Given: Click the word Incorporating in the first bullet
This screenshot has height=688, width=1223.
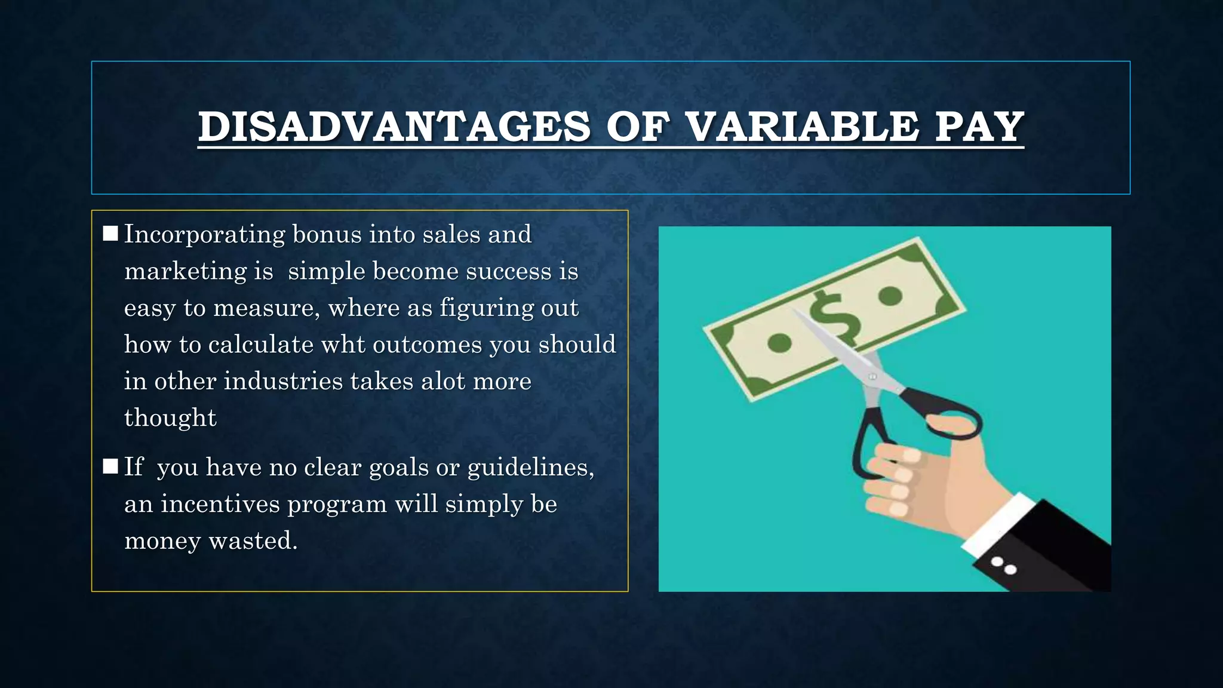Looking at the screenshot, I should pos(204,235).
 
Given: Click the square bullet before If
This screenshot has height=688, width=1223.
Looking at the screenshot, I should pos(110,466).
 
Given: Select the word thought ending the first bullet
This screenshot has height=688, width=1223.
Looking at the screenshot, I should pos(170,418).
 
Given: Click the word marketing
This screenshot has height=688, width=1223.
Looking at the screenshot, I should pos(185,272).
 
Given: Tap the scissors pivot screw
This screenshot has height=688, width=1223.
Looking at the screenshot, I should pos(872,377).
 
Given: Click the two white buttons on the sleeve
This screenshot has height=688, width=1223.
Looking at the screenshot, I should pos(1004,566).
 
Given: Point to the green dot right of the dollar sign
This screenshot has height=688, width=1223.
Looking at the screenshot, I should pos(890,296).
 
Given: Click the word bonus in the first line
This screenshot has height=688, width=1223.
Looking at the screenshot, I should pos(327,235).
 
